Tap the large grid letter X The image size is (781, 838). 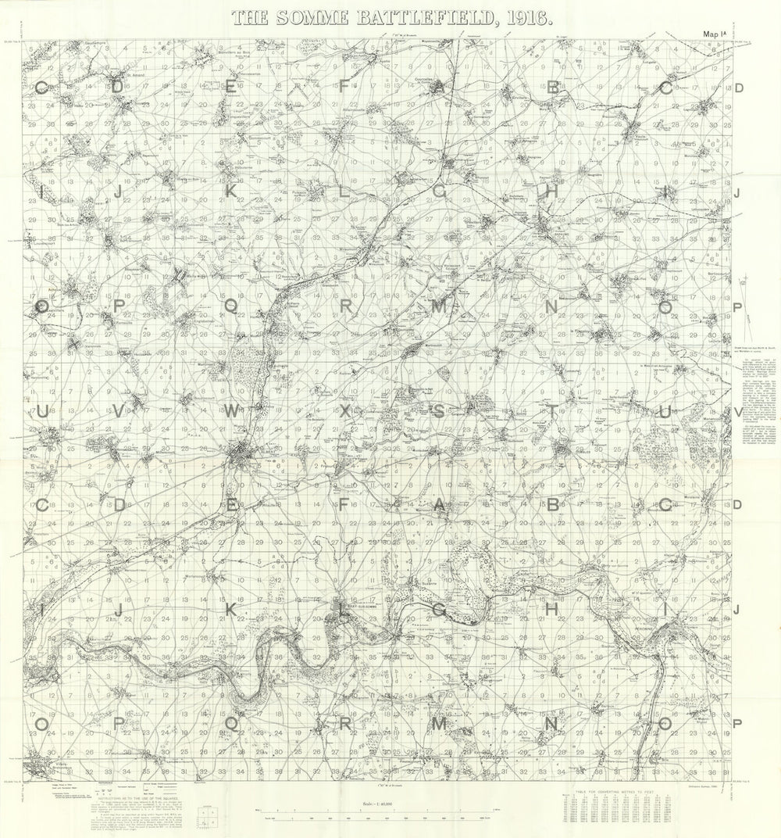pos(345,411)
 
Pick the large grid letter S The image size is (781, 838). pos(439,411)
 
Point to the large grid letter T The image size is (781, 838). pos(552,411)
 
